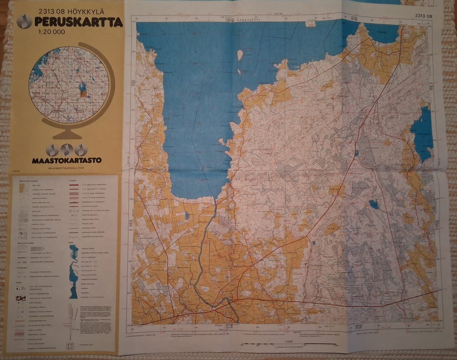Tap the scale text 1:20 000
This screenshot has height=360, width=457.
(x=50, y=32)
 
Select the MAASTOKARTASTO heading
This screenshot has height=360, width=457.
(x=67, y=160)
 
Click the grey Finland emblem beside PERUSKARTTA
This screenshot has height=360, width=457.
(x=24, y=21)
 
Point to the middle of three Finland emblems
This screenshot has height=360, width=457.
(x=67, y=149)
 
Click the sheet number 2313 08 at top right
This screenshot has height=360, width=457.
(x=423, y=16)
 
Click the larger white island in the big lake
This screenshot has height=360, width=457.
(x=240, y=55)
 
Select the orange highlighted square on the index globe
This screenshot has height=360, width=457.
(x=83, y=94)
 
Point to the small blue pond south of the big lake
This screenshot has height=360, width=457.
(x=187, y=215)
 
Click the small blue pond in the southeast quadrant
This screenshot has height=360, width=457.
(x=374, y=204)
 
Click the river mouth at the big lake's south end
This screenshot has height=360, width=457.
(x=215, y=200)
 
